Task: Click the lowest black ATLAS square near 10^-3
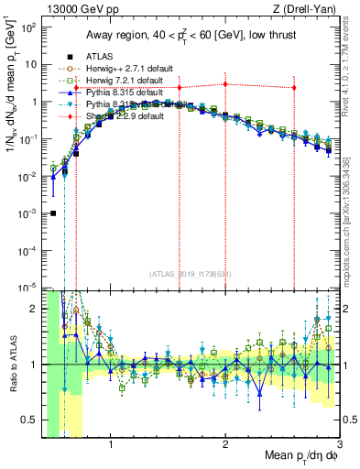point(53,213)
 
